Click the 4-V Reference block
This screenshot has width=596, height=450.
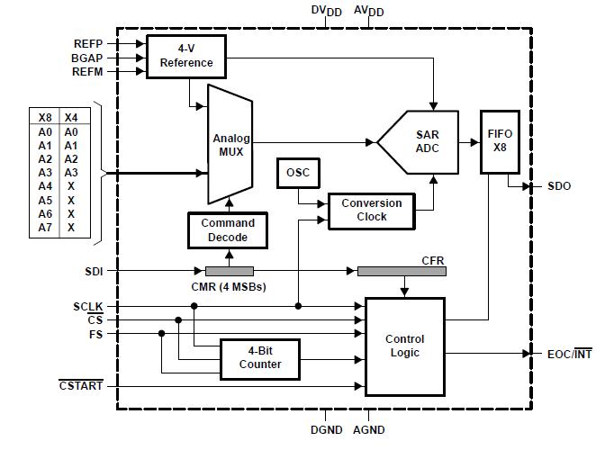[x=186, y=56]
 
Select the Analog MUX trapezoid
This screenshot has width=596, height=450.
[x=230, y=145]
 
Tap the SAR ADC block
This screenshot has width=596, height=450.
[x=423, y=141]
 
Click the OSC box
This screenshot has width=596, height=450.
[x=297, y=172]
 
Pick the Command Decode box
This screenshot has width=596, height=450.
[x=227, y=230]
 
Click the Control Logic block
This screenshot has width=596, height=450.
[x=404, y=346]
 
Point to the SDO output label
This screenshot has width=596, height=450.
[x=558, y=186]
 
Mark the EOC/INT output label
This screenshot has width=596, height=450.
[x=570, y=354]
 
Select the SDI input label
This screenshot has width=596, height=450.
[x=95, y=270]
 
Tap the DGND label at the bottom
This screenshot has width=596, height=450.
[x=327, y=430]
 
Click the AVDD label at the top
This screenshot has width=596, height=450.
[x=368, y=11]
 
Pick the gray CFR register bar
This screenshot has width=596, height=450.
[x=401, y=271]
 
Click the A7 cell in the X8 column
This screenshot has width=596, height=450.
[x=46, y=228]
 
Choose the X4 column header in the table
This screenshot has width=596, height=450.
[x=71, y=117]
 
